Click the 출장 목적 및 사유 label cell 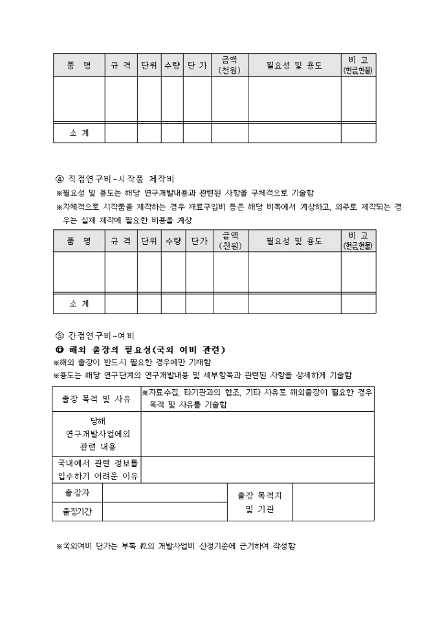point(96,399)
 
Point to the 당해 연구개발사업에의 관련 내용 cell point(96,434)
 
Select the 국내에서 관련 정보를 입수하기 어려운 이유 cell point(96,470)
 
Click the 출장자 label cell point(77,493)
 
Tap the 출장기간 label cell point(77,512)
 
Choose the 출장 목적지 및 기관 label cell point(259,502)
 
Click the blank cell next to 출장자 point(164,493)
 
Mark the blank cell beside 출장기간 point(164,512)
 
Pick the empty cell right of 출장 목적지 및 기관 point(333,502)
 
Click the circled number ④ point(60,178)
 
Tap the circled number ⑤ point(60,335)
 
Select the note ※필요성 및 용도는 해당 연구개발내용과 point(185,193)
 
